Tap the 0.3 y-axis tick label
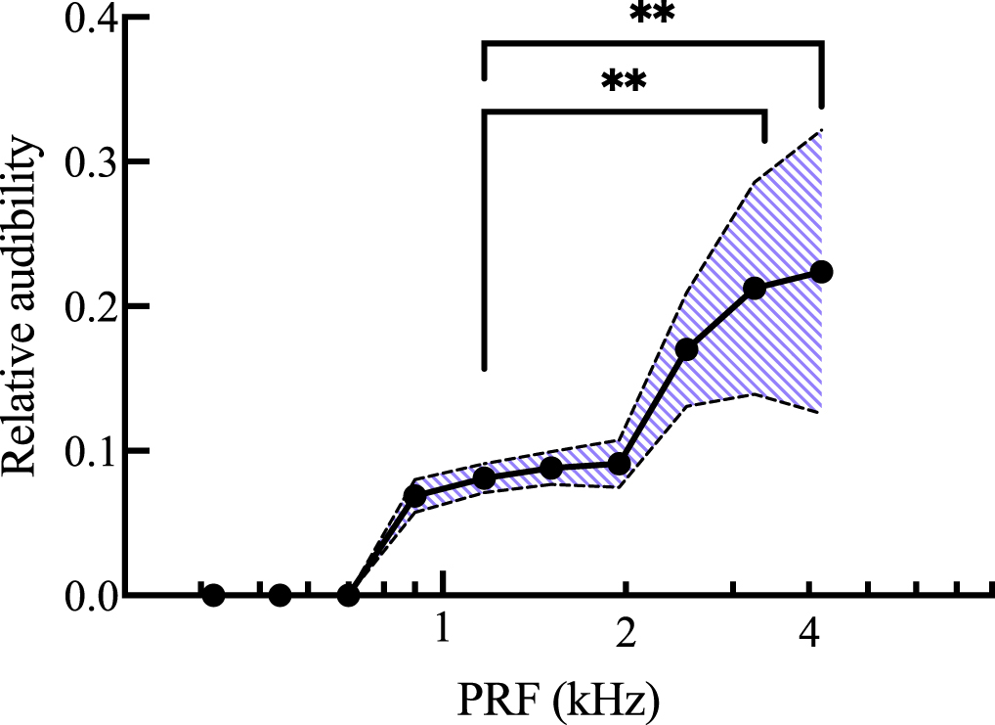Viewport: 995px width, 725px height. pyautogui.click(x=93, y=161)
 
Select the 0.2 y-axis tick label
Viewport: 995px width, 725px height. pyautogui.click(x=93, y=306)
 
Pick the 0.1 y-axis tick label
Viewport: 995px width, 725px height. pyautogui.click(x=93, y=451)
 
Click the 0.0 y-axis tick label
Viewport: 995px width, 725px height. pyautogui.click(x=93, y=595)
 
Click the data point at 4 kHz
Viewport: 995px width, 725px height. pyautogui.click(x=821, y=272)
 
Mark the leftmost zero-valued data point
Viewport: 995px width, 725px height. pyautogui.click(x=214, y=595)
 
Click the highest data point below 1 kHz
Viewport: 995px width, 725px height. pyautogui.click(x=414, y=496)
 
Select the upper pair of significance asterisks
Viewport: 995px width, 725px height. pyautogui.click(x=652, y=15)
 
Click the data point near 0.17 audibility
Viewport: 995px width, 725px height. pyautogui.click(x=687, y=349)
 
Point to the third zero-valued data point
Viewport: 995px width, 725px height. pyautogui.click(x=347, y=595)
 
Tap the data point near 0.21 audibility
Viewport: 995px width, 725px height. pyautogui.click(x=755, y=289)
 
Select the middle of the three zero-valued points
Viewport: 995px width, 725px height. pyautogui.click(x=280, y=595)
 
